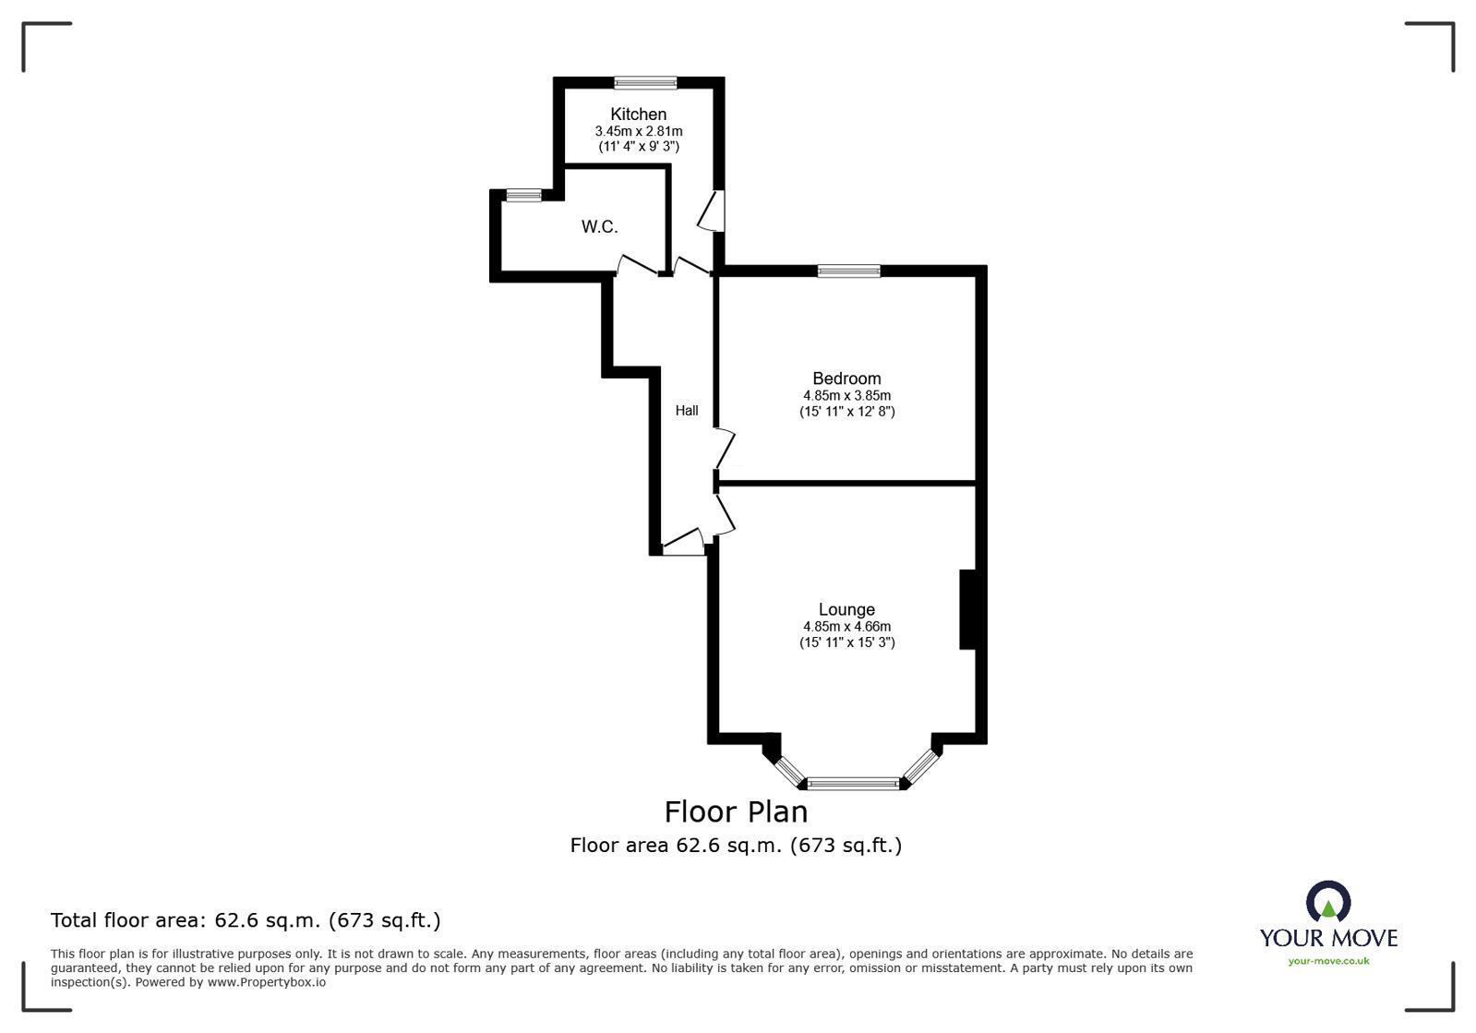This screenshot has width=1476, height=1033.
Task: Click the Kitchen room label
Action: [638, 114]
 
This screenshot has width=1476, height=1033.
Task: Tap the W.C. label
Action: [599, 227]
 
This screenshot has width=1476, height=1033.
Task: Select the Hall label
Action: [687, 411]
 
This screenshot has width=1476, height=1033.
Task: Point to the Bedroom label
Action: [846, 378]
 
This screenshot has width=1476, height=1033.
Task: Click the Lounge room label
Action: [846, 609]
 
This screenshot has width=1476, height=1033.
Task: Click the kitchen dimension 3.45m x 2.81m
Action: [639, 132]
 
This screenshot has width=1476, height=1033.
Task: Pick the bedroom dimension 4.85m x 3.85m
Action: [846, 395]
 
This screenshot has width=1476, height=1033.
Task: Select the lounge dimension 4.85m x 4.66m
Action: [846, 626]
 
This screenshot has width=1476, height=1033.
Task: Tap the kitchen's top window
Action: [646, 83]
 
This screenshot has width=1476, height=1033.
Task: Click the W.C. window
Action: [523, 195]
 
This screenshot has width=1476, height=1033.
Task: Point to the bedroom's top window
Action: [848, 271]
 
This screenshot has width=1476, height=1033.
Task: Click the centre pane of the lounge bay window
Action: [853, 784]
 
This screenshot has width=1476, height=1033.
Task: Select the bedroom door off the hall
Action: [726, 449]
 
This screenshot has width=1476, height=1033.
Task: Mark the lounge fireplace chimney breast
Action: [968, 609]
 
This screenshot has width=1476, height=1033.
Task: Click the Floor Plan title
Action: [736, 811]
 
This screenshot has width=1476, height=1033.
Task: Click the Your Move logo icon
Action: [1328, 902]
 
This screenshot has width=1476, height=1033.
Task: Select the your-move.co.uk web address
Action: [1328, 961]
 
